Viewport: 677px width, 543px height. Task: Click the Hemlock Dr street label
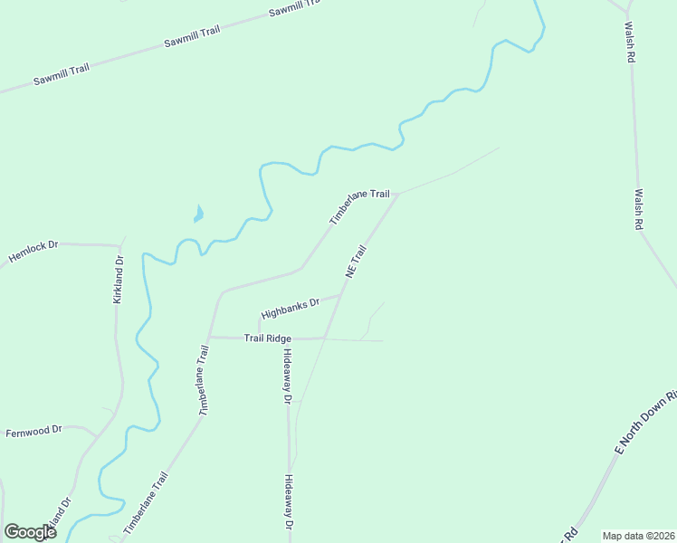click(x=33, y=252)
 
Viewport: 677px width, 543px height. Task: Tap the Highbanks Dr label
click(x=291, y=309)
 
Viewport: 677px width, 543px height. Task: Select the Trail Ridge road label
click(x=266, y=338)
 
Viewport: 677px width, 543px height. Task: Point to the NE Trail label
click(x=355, y=261)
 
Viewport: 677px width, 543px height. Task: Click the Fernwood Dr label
click(x=33, y=431)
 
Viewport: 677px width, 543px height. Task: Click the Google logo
click(x=30, y=532)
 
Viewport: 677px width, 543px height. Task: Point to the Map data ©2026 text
click(x=638, y=536)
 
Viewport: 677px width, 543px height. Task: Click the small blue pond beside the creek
click(x=198, y=214)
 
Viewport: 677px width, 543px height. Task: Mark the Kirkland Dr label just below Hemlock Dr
click(x=118, y=279)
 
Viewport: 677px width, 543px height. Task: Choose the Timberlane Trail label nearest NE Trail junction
click(x=359, y=207)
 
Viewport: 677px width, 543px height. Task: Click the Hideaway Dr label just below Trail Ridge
click(x=287, y=376)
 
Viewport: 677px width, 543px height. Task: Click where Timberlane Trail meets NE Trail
click(x=399, y=193)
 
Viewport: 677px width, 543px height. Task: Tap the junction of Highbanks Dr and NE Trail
click(x=341, y=294)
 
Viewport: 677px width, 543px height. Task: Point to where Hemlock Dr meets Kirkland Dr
click(x=120, y=245)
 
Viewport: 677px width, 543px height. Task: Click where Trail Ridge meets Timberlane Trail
click(x=210, y=337)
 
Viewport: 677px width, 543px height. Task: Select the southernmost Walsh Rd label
click(x=638, y=208)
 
